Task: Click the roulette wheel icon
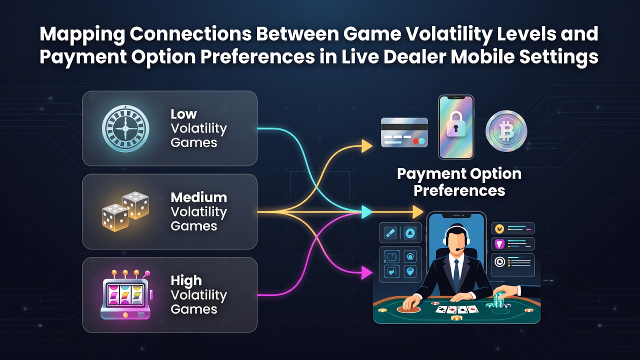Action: tap(125, 128)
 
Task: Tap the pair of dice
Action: tap(125, 211)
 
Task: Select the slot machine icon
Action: tap(126, 294)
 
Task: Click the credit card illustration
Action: tap(404, 132)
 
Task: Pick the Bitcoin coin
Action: tap(506, 131)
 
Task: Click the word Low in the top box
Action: tap(183, 114)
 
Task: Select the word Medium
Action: tap(199, 197)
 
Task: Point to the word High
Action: tap(186, 280)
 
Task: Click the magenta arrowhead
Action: tap(367, 272)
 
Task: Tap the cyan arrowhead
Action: tap(367, 212)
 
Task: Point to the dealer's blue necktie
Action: tap(456, 274)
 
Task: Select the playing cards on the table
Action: tap(457, 309)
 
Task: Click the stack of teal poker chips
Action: tap(499, 299)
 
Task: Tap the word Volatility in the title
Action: tap(448, 34)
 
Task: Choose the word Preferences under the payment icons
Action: tap(459, 191)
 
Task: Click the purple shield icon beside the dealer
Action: tap(499, 244)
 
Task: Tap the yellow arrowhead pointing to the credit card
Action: tap(367, 146)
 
